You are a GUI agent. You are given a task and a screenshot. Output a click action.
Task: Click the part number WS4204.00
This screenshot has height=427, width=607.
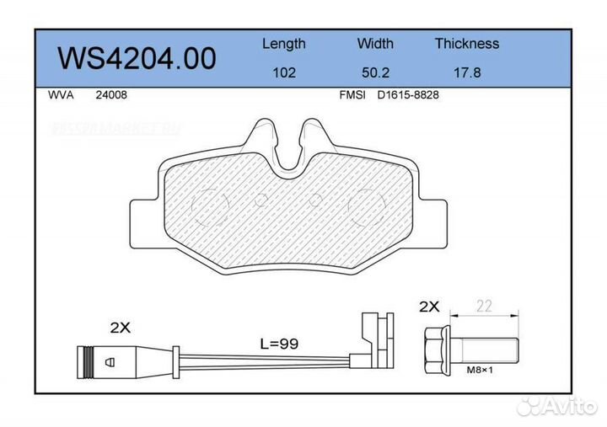tap(136, 57)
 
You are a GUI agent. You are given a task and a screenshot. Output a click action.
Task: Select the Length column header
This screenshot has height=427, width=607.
tap(283, 44)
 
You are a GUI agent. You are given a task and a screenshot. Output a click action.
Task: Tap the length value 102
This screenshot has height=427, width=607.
tap(283, 72)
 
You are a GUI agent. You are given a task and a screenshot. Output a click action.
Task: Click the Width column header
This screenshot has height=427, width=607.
tap(375, 44)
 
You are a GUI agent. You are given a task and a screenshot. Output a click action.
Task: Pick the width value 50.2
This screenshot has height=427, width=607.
tap(375, 72)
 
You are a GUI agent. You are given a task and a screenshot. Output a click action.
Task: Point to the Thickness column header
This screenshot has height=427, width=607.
tap(466, 44)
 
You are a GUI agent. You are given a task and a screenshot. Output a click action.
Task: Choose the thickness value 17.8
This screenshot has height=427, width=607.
tap(466, 72)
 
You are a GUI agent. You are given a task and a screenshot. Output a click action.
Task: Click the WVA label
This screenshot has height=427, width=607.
tap(62, 95)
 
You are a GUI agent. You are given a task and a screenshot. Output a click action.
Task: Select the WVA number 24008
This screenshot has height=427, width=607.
tap(111, 95)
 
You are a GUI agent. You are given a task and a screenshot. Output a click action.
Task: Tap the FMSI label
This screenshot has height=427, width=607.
tap(352, 95)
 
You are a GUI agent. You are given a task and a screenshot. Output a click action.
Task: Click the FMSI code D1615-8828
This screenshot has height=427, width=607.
tap(408, 95)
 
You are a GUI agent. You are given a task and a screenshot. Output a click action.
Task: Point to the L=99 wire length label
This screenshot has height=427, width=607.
tap(279, 344)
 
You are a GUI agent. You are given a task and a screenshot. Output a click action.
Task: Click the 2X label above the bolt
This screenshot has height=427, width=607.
tap(430, 307)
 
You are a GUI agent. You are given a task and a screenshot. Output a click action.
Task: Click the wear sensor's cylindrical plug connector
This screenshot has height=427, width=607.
tap(100, 360)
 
